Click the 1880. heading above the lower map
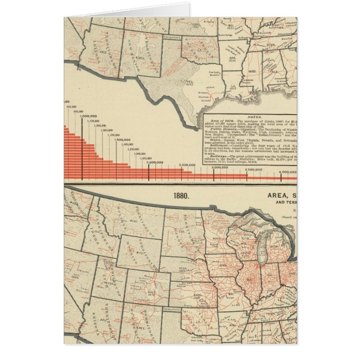pyautogui.click(x=182, y=196)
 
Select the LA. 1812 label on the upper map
pyautogui.click(x=232, y=87)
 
